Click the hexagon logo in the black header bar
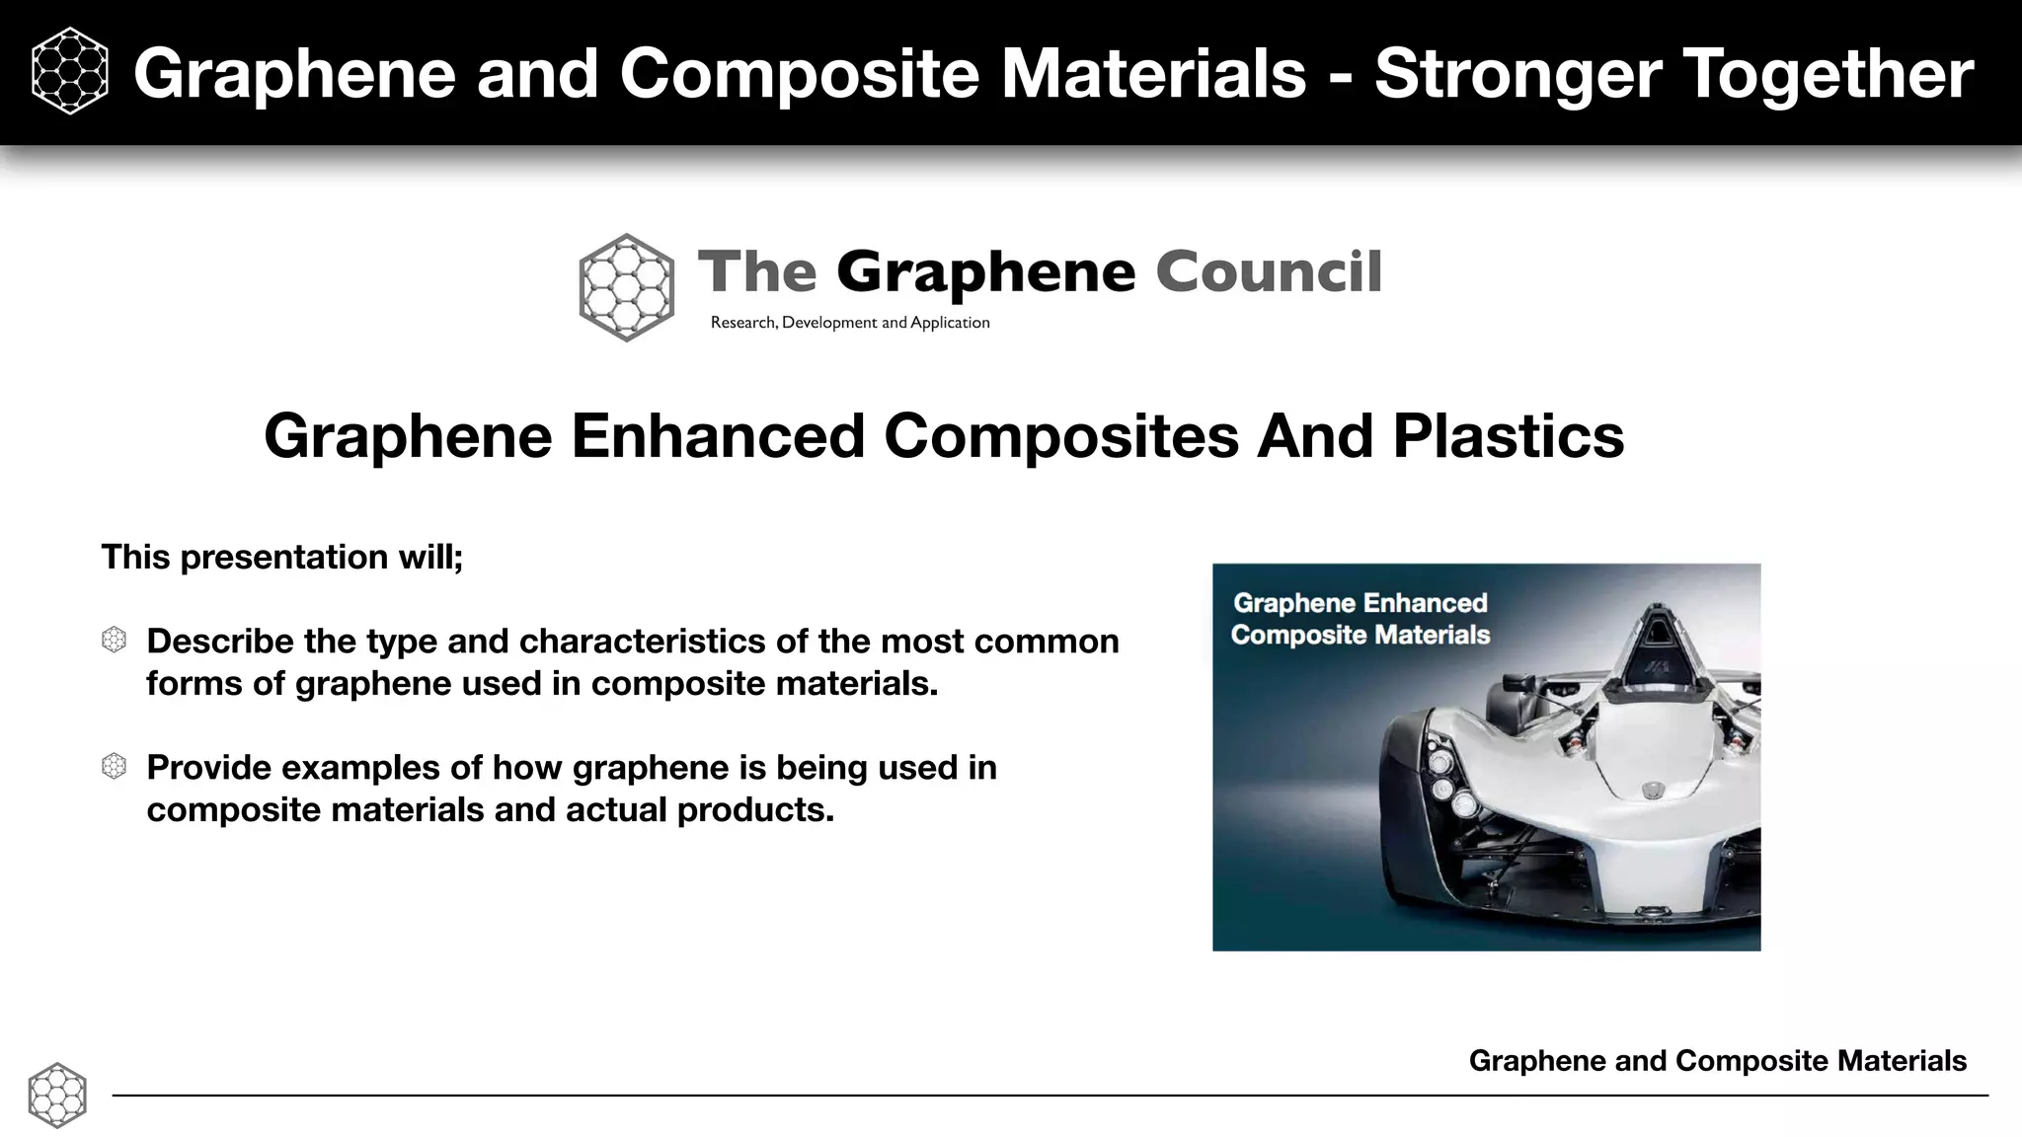[69, 72]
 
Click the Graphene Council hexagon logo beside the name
[626, 287]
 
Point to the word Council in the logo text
[1268, 272]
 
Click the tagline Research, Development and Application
[850, 323]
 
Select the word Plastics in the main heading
[1508, 435]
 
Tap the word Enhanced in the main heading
[718, 435]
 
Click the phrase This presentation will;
[282, 557]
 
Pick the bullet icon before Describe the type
[115, 641]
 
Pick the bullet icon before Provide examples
[115, 767]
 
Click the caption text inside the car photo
[1361, 619]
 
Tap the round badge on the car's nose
[1652, 791]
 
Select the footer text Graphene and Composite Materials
[1717, 1061]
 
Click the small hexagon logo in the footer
[57, 1095]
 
